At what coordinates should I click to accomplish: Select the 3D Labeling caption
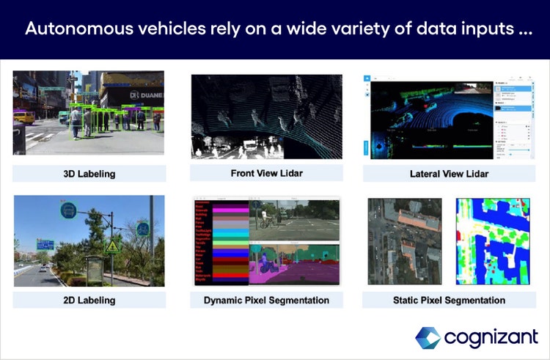coord(89,174)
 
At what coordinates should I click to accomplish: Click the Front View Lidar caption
coord(266,173)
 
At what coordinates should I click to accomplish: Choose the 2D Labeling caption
coord(89,300)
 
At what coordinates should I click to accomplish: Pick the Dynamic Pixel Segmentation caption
coord(266,300)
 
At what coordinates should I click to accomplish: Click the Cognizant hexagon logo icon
coord(427,338)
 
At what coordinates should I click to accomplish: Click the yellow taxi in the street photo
coord(23,117)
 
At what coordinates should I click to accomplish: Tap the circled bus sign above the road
coord(69,210)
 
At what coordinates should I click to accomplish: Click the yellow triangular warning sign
coord(112,248)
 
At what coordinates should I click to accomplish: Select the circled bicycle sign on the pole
coord(144,229)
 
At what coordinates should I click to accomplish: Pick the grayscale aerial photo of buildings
coord(404,241)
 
